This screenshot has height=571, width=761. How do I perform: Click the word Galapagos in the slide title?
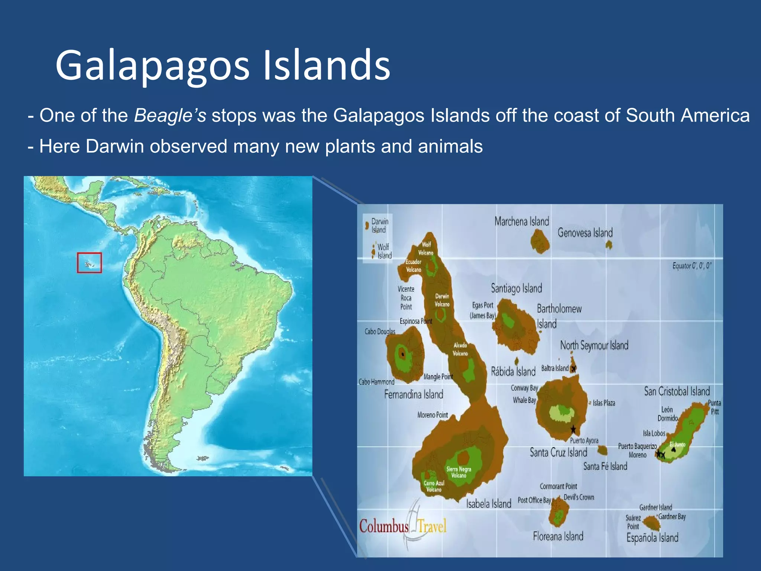(x=152, y=66)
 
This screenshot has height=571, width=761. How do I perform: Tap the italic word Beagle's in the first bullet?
(x=170, y=115)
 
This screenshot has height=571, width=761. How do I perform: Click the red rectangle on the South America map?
(x=89, y=263)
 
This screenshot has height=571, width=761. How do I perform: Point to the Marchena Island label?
(x=521, y=222)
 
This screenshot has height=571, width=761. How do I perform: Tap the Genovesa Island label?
(x=585, y=233)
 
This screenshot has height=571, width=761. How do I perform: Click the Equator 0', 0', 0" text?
(x=692, y=266)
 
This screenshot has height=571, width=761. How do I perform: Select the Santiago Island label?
(x=516, y=288)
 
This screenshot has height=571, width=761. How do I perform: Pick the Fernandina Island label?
(x=414, y=394)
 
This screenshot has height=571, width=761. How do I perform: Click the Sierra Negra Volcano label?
(x=459, y=472)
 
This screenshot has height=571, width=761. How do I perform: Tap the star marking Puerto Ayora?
(x=573, y=430)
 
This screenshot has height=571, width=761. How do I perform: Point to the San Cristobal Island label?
(x=677, y=391)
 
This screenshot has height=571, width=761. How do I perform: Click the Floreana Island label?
(x=558, y=536)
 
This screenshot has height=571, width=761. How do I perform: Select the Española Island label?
(x=652, y=538)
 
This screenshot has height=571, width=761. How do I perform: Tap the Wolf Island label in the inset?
(x=384, y=251)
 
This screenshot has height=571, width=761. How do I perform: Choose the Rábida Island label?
(x=513, y=371)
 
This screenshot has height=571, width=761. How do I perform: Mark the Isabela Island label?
(x=489, y=504)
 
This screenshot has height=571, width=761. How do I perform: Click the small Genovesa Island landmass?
(x=609, y=245)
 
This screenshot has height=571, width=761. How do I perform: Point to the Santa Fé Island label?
(x=605, y=466)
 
